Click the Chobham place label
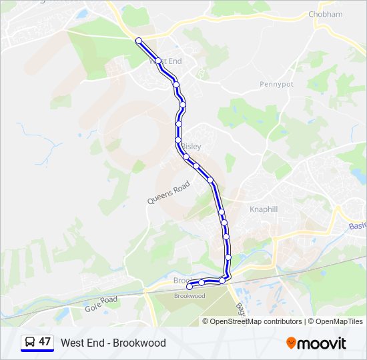(x=325, y=14)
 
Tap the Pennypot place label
(x=276, y=85)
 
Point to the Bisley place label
(x=192, y=146)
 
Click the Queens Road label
(x=169, y=191)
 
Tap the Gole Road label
(x=101, y=305)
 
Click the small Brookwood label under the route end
(x=189, y=296)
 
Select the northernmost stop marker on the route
(x=139, y=41)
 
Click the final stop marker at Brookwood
(x=189, y=287)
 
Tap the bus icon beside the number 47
(x=29, y=342)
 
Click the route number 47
(x=45, y=342)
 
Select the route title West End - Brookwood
(x=113, y=343)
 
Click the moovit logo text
(x=322, y=343)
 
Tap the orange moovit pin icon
(x=291, y=343)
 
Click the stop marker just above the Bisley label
(x=178, y=139)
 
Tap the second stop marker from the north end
(x=158, y=61)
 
